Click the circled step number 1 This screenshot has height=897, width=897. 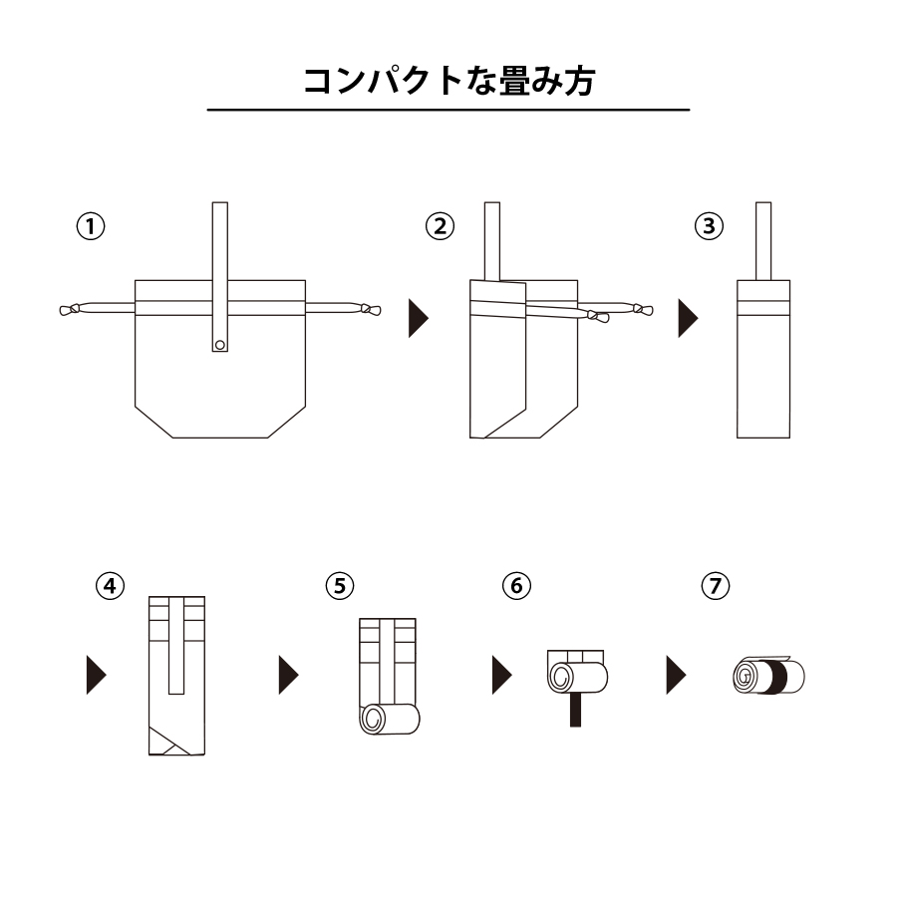[91, 226]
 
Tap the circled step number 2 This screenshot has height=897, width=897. [440, 226]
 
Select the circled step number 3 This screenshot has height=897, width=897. [709, 226]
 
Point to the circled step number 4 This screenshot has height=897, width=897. [111, 585]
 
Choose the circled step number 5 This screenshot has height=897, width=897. [340, 585]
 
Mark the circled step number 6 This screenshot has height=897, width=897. [515, 585]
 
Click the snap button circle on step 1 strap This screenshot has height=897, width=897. [220, 345]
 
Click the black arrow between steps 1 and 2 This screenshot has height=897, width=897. [418, 319]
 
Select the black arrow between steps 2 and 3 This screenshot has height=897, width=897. [688, 319]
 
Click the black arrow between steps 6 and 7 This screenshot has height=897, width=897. [676, 675]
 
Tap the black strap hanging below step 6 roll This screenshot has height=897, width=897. [575, 709]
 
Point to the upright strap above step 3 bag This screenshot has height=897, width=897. [763, 240]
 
